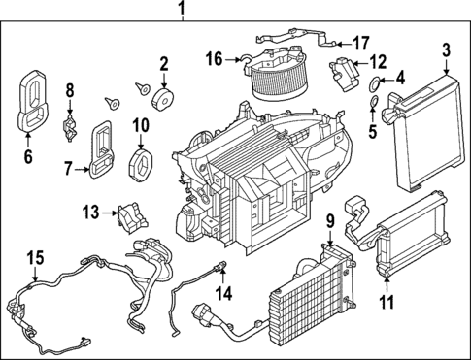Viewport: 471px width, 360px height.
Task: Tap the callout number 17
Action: pos(360,43)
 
